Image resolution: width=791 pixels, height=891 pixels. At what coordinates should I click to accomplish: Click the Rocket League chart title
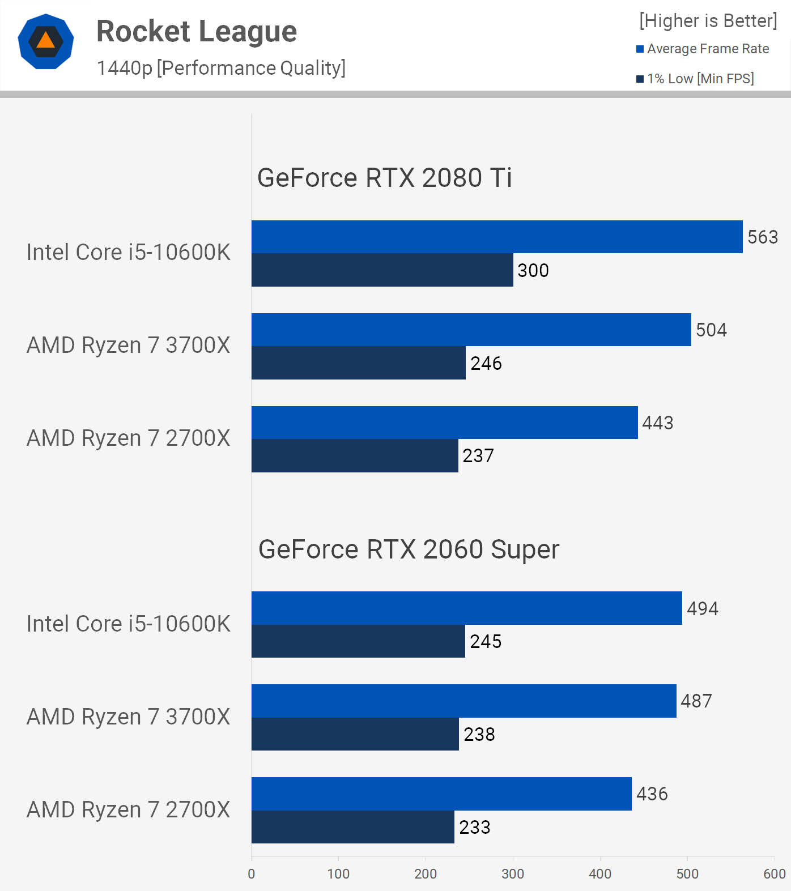point(197,32)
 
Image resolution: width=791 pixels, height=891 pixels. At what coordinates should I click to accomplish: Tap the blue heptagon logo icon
point(46,41)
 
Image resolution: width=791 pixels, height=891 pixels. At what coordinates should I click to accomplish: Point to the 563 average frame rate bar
point(496,237)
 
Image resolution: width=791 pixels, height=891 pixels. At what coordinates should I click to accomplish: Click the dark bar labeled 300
point(382,270)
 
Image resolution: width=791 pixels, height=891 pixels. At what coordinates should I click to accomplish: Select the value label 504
point(711,330)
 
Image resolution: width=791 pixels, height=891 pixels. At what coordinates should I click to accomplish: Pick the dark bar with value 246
point(358,363)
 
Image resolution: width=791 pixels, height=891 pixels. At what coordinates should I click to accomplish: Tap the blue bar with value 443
point(444,423)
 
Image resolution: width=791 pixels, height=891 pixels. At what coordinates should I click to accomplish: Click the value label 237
point(478,456)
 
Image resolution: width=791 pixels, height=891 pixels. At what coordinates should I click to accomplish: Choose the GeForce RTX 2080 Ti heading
point(384,178)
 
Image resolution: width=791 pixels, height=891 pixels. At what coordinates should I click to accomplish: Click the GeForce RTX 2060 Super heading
point(409,549)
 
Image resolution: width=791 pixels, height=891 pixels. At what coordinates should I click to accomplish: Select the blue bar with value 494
point(466,608)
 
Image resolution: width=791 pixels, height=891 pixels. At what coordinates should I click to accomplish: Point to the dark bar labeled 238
point(355,734)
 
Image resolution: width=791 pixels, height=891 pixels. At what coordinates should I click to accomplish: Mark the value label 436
point(652,794)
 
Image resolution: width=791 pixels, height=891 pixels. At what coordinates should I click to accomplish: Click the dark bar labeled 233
point(352,827)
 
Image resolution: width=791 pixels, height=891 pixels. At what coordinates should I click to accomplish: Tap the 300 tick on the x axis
point(513,874)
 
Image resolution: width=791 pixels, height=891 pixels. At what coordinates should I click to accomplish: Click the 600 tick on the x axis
point(774,874)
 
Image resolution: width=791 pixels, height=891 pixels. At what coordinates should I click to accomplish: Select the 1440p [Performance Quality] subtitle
point(221,68)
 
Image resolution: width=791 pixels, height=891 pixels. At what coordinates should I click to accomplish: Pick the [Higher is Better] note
point(708,21)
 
